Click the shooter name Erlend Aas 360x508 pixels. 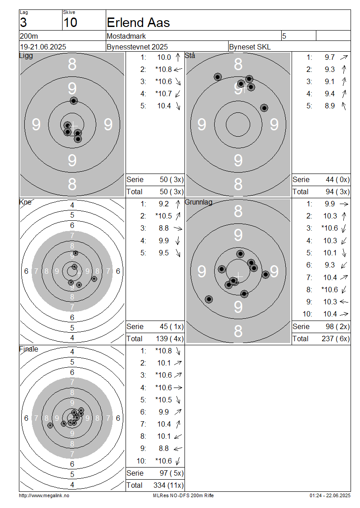tap(138, 22)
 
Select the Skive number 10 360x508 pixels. tap(70, 22)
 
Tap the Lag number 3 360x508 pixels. tap(23, 22)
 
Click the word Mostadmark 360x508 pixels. tap(126, 36)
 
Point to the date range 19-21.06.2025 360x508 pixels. tap(43, 47)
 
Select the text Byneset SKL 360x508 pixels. tap(250, 47)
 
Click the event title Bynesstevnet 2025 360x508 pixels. tap(137, 47)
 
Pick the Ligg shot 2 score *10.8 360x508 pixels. tap(163, 69)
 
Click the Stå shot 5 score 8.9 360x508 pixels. tap(330, 106)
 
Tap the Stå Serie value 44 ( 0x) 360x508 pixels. tap(337, 179)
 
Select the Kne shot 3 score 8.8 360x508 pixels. tap(164, 228)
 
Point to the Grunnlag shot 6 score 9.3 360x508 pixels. tap(330, 265)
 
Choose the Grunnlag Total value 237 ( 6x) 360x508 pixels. tap(336, 339)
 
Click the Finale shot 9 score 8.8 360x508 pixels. tap(164, 448)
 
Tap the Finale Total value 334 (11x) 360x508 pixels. tap(169, 485)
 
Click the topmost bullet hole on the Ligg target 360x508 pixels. tap(74, 101)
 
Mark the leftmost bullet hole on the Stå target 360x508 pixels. tap(218, 77)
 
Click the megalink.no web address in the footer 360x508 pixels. tap(44, 495)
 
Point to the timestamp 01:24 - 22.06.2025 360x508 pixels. tap(330, 495)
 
